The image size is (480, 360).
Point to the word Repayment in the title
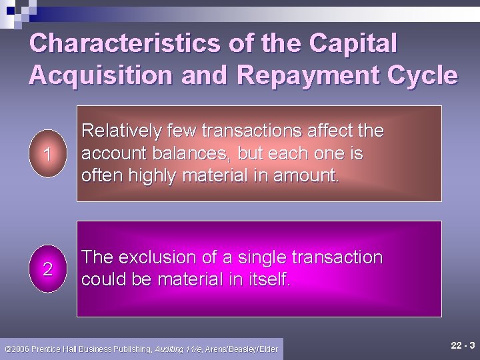(x=303, y=76)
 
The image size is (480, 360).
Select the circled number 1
(x=47, y=154)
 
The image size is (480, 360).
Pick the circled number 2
(x=47, y=269)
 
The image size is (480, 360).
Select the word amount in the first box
(x=309, y=176)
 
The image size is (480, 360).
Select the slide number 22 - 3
(x=463, y=345)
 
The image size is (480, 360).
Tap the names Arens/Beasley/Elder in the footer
(x=242, y=349)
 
